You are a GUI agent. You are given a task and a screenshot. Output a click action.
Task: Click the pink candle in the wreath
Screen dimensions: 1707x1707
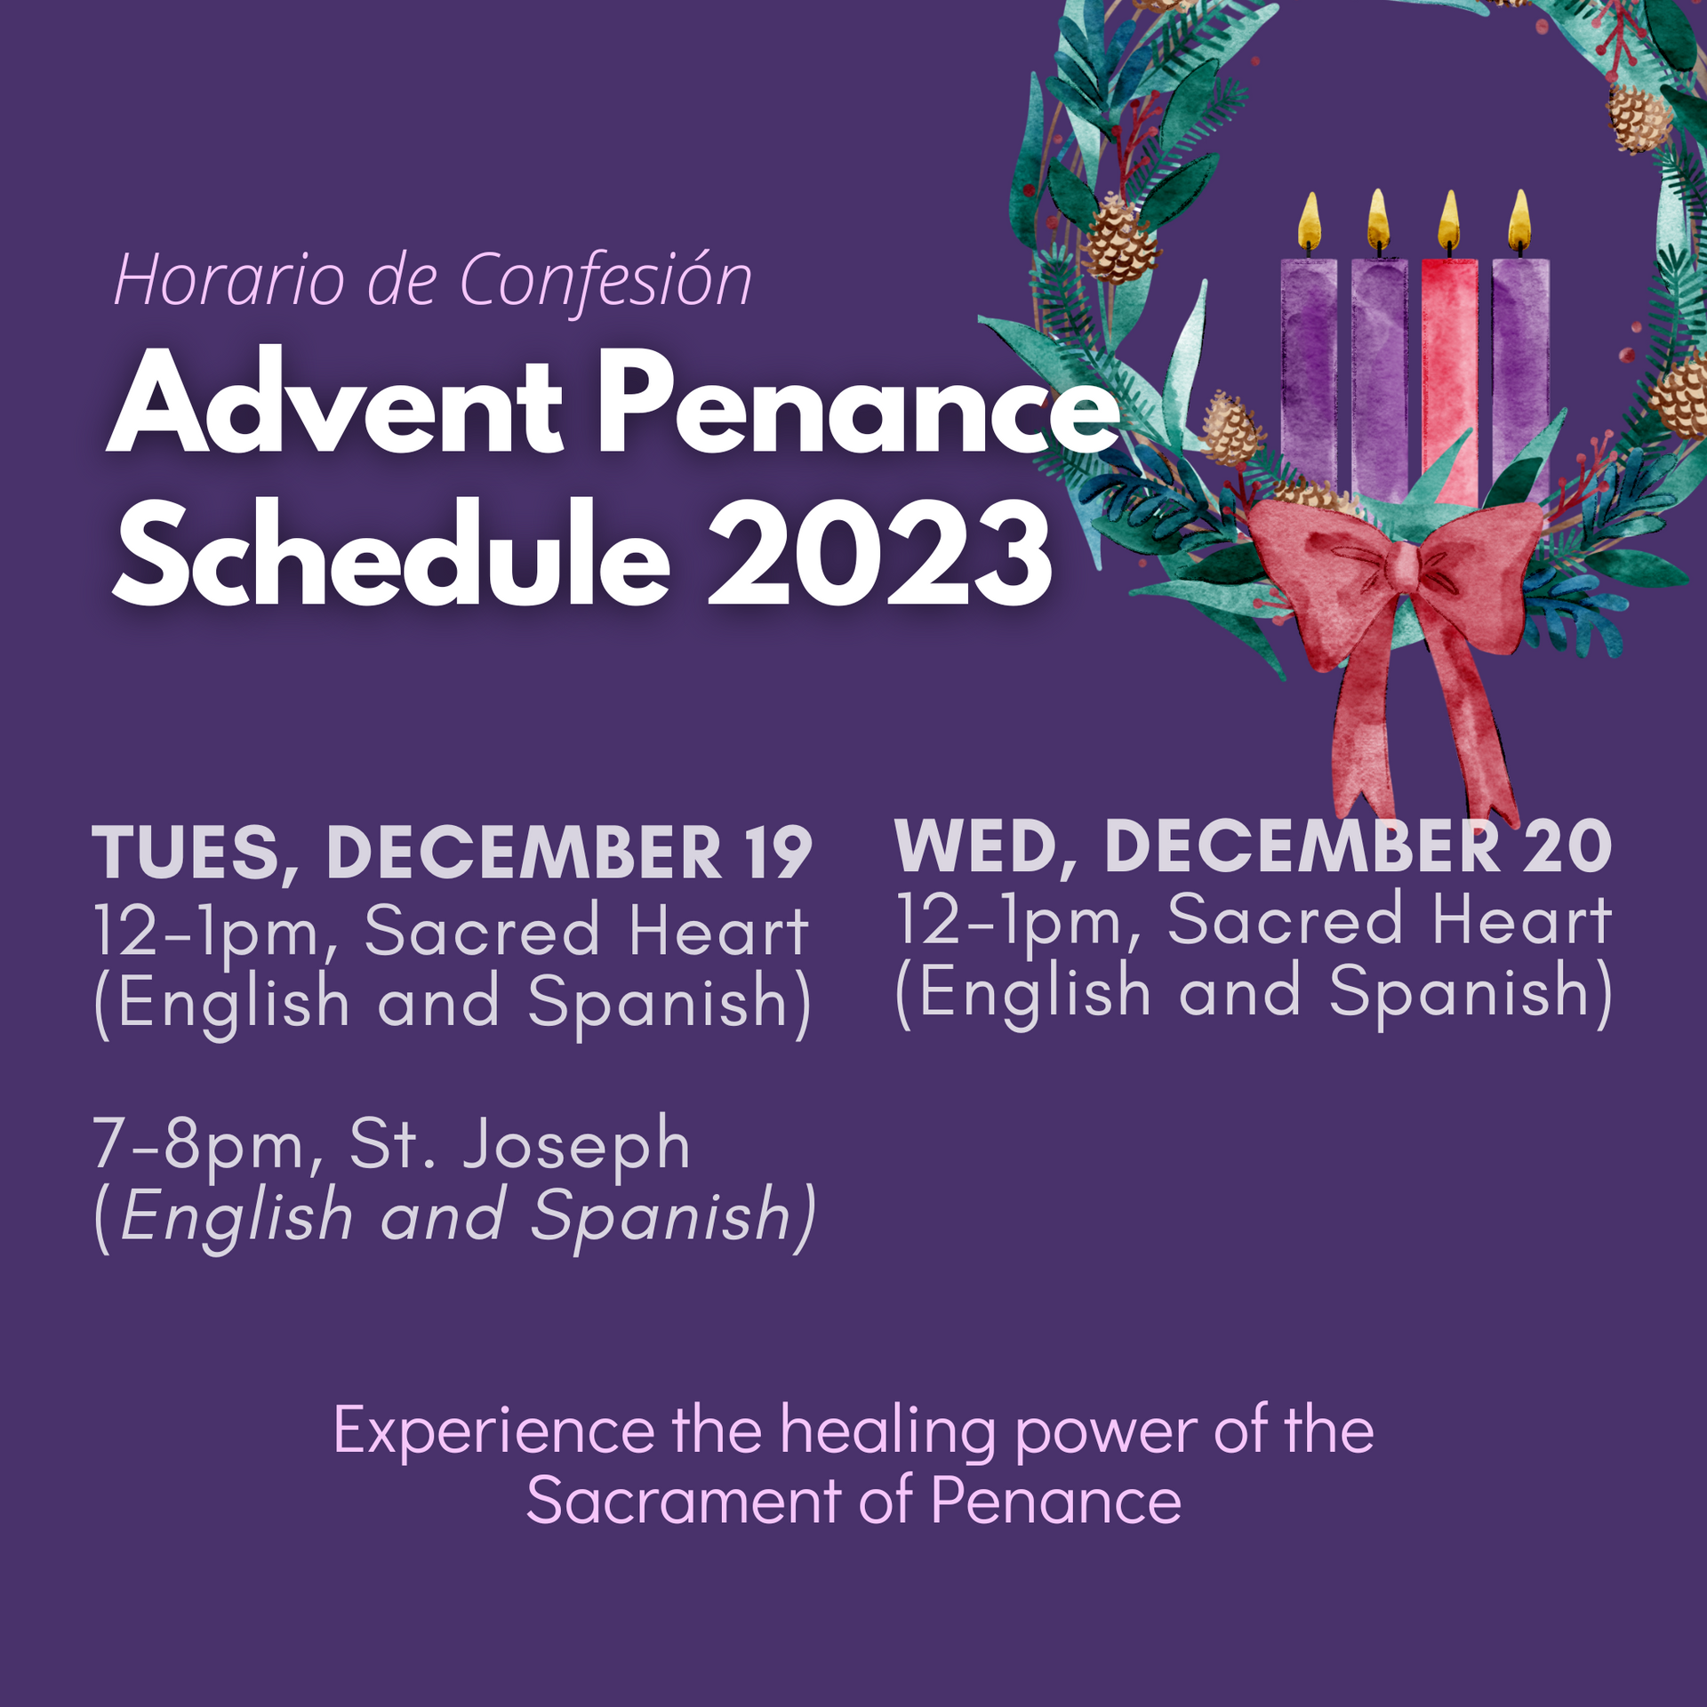(x=1449, y=373)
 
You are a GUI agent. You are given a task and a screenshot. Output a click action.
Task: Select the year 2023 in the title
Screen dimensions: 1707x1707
(x=880, y=553)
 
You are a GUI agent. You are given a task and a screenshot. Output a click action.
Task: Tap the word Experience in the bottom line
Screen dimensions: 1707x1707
(x=493, y=1431)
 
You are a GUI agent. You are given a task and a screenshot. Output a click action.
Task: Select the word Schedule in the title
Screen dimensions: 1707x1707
(x=391, y=553)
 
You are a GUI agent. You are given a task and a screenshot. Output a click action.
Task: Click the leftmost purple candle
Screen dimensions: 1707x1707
(x=1309, y=373)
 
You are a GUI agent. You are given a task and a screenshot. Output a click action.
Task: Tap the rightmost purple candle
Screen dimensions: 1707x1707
(x=1521, y=373)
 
